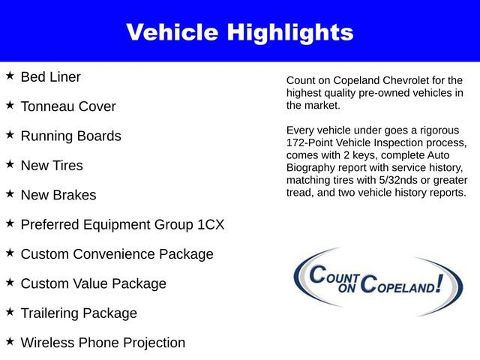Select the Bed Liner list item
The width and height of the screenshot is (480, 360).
(x=50, y=76)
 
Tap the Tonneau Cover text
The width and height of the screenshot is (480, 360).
(x=68, y=106)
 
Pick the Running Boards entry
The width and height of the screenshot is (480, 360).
(x=70, y=136)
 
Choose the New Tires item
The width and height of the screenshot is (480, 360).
(x=52, y=166)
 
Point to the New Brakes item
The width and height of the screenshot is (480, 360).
(x=58, y=195)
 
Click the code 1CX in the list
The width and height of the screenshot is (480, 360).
(x=207, y=225)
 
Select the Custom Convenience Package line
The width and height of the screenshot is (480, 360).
(x=117, y=254)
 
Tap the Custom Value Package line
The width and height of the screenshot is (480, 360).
(x=94, y=283)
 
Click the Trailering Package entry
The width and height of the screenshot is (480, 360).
(x=79, y=313)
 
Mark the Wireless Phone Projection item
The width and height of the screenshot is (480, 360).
(x=103, y=343)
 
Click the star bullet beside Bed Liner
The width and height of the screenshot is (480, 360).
(x=10, y=76)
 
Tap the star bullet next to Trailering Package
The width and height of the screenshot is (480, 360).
(x=10, y=312)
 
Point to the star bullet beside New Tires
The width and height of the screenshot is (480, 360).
(x=10, y=164)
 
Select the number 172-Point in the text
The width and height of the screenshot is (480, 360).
(x=311, y=142)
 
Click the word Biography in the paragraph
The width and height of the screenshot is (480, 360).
(x=311, y=167)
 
